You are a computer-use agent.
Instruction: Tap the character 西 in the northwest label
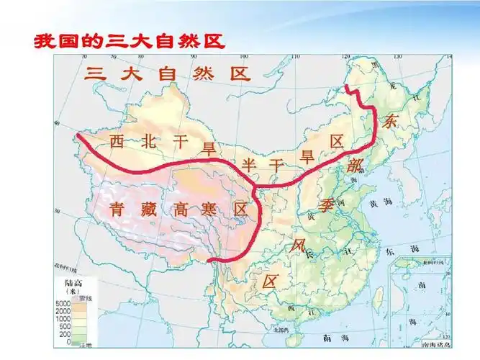[117, 142]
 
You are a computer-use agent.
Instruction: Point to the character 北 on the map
[149, 142]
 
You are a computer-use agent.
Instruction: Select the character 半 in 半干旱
[249, 164]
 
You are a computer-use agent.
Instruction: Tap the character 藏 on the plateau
[148, 210]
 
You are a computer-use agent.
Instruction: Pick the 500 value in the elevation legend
[65, 326]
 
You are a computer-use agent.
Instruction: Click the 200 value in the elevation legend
[65, 334]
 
